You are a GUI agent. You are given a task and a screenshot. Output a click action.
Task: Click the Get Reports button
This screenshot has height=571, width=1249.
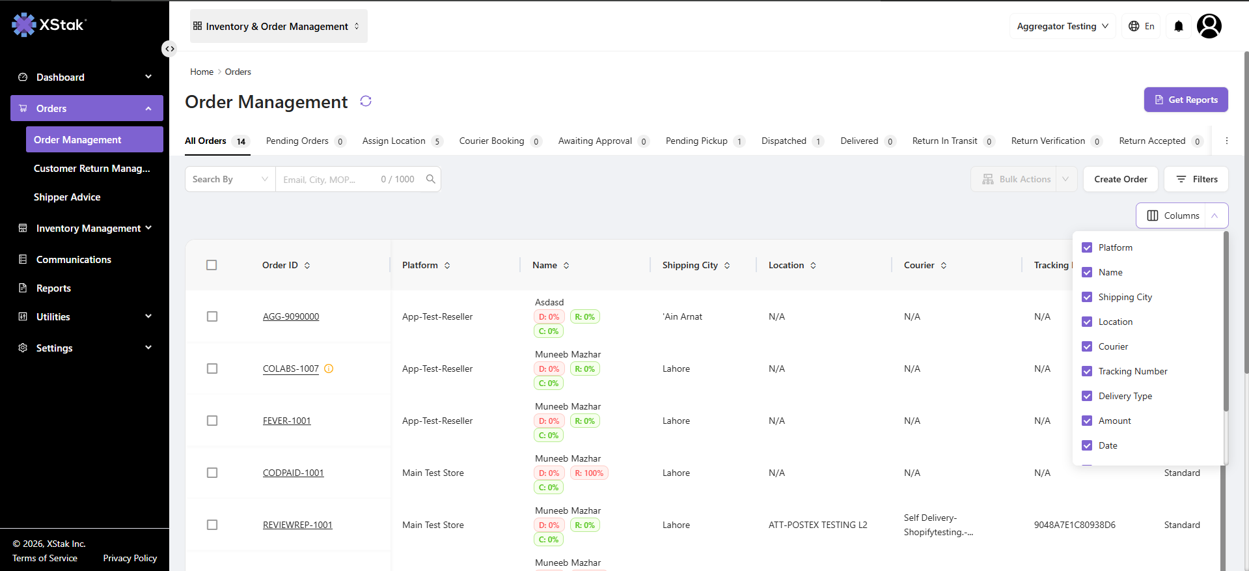pos(1186,100)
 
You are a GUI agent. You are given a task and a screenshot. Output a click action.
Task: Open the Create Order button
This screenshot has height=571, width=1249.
pos(1120,179)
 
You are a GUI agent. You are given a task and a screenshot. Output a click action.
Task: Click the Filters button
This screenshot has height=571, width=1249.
pos(1196,179)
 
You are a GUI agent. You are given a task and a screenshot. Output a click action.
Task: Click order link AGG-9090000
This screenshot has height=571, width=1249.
pos(291,316)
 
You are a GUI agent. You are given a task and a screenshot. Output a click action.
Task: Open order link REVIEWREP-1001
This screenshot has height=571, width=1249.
pos(297,525)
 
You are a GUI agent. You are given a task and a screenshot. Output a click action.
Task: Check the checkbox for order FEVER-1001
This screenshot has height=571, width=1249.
pos(212,421)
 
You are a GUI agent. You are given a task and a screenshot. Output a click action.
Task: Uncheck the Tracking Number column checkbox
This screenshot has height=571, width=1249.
pos(1087,371)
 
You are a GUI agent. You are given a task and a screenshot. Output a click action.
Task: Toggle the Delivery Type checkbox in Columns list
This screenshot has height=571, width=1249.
pos(1087,396)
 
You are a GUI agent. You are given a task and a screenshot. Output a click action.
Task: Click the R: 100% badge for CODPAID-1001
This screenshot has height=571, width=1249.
pos(589,473)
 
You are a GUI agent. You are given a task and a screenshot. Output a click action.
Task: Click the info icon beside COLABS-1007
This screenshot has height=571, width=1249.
pos(329,369)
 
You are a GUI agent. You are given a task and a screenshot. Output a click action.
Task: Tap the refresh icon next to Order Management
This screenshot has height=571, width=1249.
pos(366,101)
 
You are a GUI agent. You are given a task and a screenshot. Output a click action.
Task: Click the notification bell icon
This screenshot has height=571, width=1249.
pos(1179,26)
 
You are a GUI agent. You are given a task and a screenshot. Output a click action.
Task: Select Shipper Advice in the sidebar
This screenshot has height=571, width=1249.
pos(67,197)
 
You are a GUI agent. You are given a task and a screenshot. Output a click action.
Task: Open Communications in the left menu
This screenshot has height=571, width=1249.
pos(74,260)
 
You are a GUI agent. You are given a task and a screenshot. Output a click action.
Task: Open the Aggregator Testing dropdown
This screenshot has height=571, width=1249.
pos(1062,26)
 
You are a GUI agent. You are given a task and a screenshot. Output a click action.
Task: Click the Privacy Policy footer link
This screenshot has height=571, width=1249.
pos(130,558)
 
